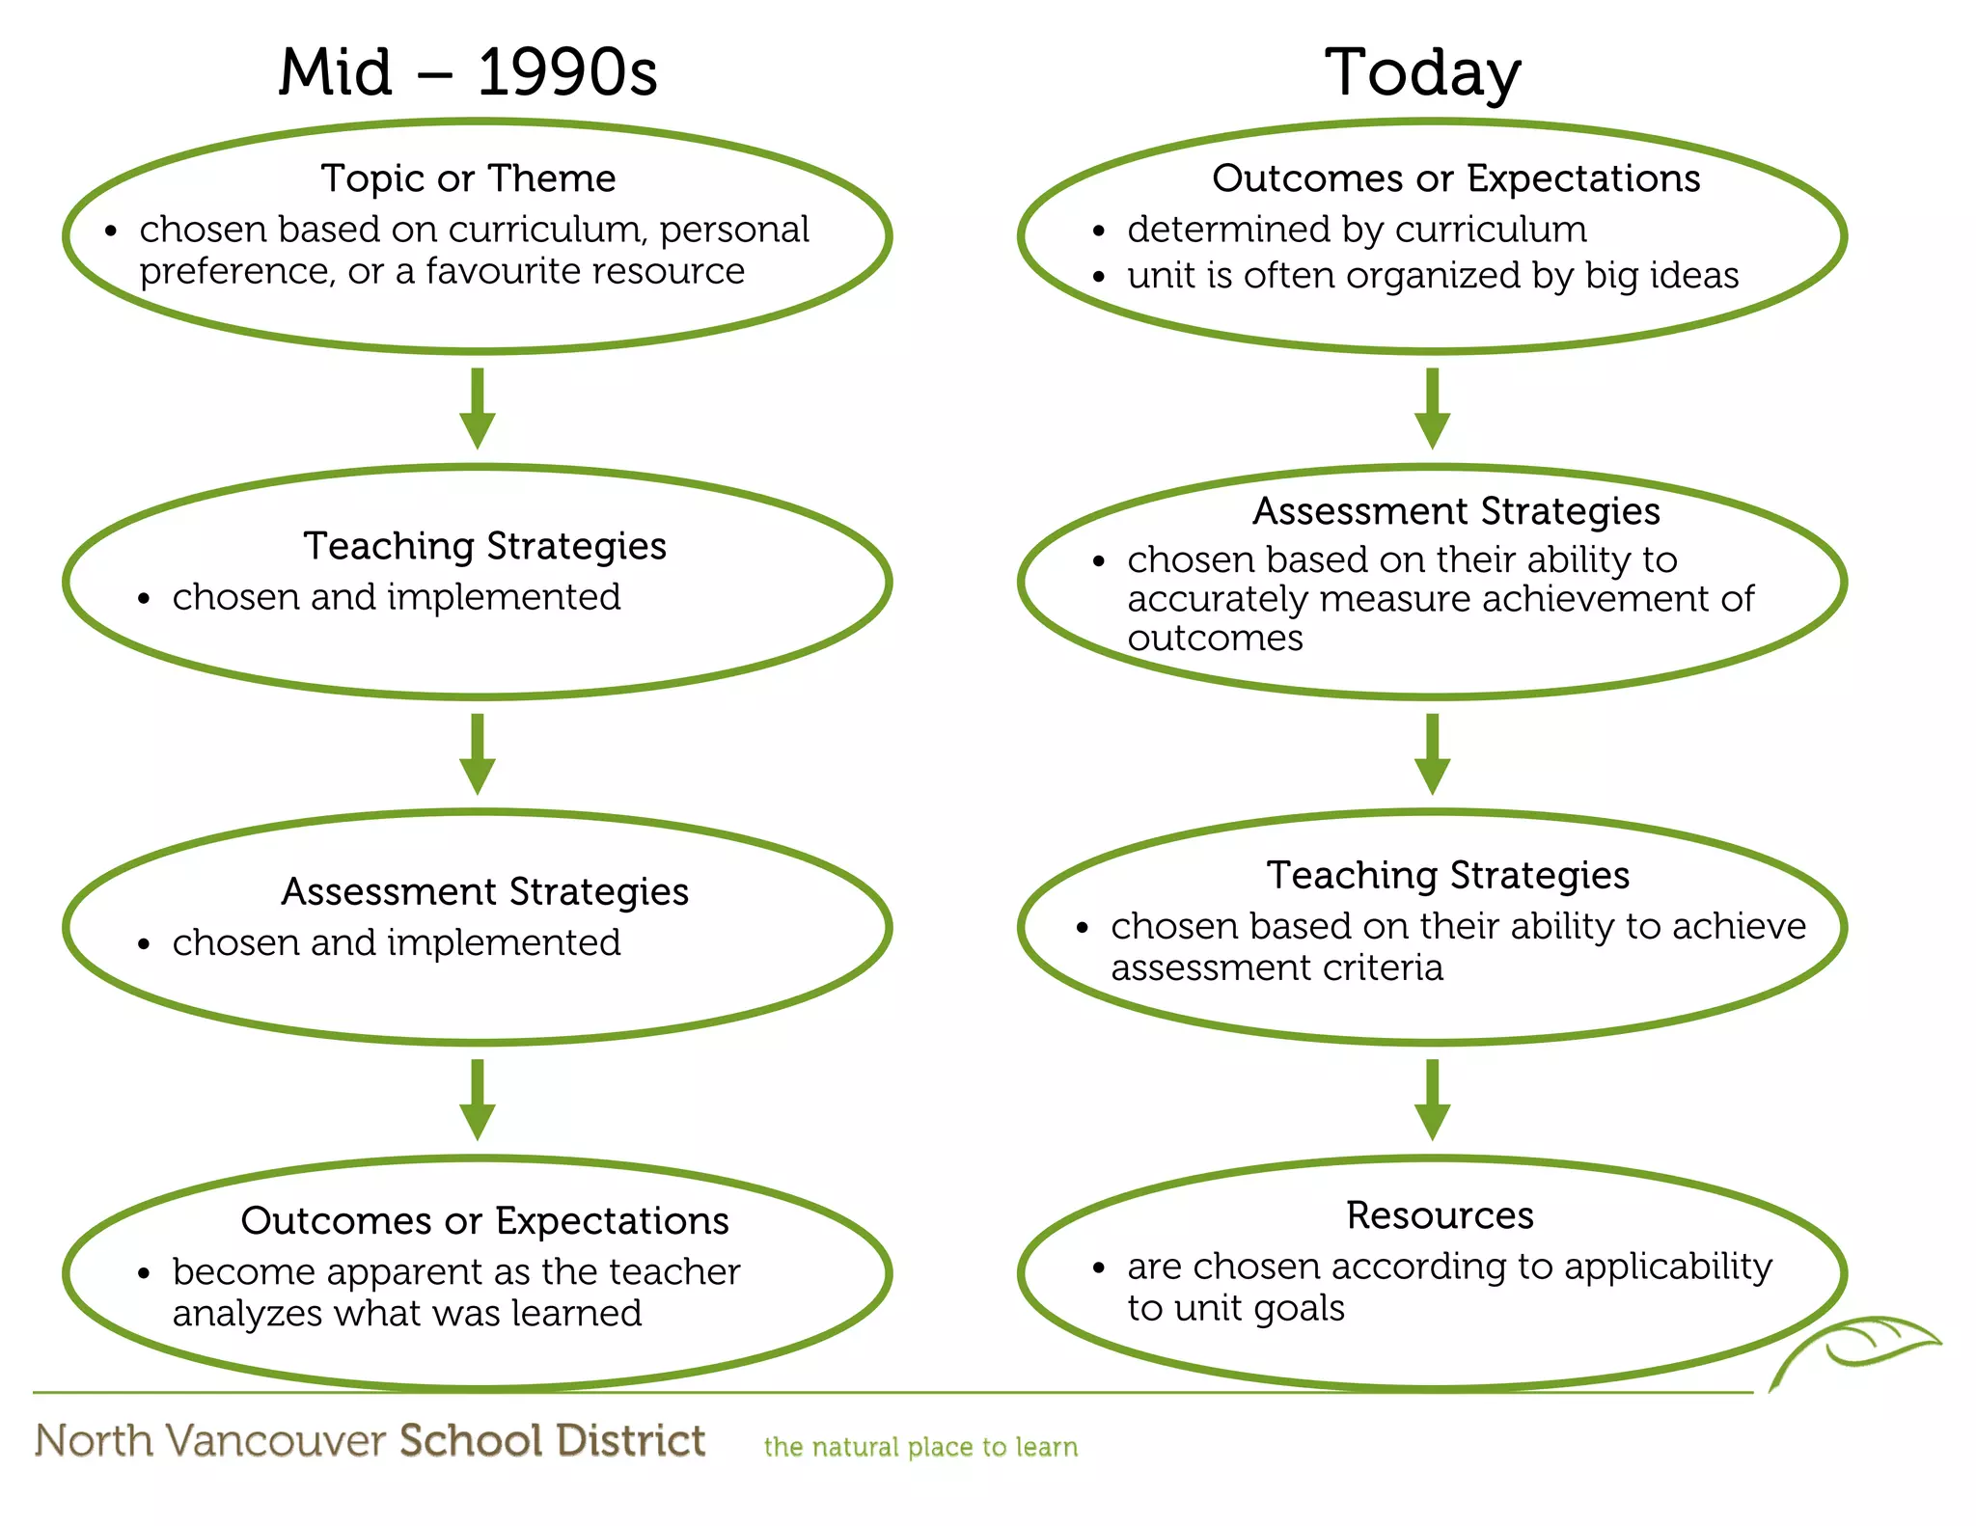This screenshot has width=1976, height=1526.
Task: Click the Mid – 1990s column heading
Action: (468, 72)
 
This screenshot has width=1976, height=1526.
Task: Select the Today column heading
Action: (1422, 73)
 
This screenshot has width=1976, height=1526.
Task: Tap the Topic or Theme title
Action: (468, 178)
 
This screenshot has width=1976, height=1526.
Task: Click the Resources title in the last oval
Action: (1440, 1215)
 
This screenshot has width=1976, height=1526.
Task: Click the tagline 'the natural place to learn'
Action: (920, 1447)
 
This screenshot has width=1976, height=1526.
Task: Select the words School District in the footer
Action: (553, 1440)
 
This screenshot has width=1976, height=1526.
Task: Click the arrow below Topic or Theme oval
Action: (477, 408)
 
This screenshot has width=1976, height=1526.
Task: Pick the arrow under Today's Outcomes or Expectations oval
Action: (1432, 408)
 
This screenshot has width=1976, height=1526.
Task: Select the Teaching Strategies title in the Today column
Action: (1447, 875)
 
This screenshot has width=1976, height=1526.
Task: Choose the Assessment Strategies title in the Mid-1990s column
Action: (484, 891)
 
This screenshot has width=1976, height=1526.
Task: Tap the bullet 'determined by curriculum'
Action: (1357, 230)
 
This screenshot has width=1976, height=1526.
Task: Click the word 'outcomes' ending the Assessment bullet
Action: (1215, 639)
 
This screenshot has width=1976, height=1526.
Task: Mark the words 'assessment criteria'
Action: (1276, 967)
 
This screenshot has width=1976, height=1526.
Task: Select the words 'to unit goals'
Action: (1235, 1308)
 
